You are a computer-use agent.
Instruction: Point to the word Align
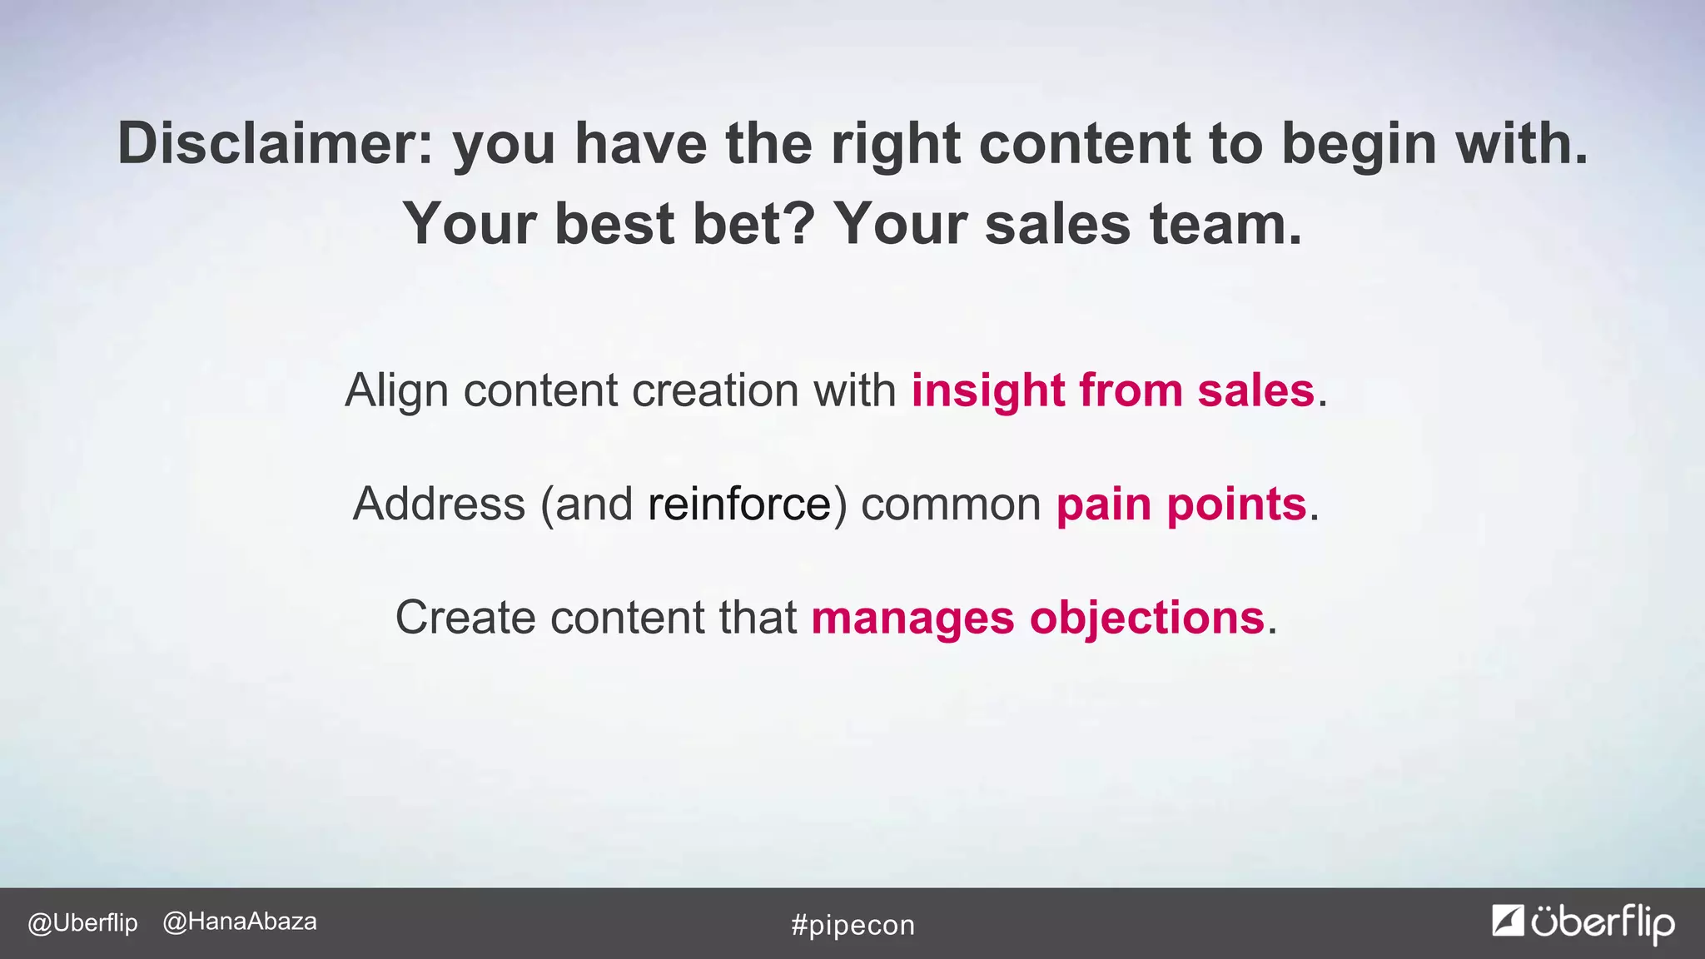coord(396,391)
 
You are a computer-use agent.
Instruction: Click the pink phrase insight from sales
coord(1113,390)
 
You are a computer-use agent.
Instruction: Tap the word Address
coord(439,504)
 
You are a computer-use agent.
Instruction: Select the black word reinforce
coord(739,504)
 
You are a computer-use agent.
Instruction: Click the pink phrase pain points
coord(1181,504)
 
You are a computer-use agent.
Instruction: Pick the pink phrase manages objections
coord(1038,618)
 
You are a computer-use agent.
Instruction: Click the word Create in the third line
coord(465,618)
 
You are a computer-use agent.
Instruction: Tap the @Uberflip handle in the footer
coord(82,923)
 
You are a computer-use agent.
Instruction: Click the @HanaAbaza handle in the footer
coord(240,922)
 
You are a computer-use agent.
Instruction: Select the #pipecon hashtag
coord(852,925)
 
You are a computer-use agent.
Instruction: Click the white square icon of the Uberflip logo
coord(1508,920)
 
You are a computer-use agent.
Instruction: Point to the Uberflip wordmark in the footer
coord(1602,922)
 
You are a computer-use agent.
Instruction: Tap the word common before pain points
coord(951,504)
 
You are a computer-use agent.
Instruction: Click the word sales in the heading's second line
coord(1057,224)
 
